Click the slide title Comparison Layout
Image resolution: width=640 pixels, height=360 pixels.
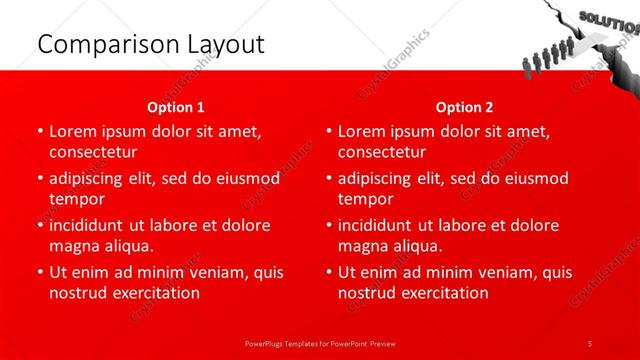151,44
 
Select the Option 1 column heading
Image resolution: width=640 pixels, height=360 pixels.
175,107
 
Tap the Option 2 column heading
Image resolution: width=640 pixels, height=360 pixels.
464,107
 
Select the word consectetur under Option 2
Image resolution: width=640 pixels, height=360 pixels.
381,152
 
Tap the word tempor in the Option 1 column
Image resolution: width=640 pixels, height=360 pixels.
76,199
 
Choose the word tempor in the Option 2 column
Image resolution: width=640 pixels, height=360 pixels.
365,199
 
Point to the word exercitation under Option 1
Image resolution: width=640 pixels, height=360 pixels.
156,293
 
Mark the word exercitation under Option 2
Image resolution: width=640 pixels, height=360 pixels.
445,293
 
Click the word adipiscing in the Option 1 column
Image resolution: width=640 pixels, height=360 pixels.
92,178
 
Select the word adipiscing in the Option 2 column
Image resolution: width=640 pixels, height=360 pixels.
381,178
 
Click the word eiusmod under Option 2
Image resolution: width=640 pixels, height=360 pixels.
535,178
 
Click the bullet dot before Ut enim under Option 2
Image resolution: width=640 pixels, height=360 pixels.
329,272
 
